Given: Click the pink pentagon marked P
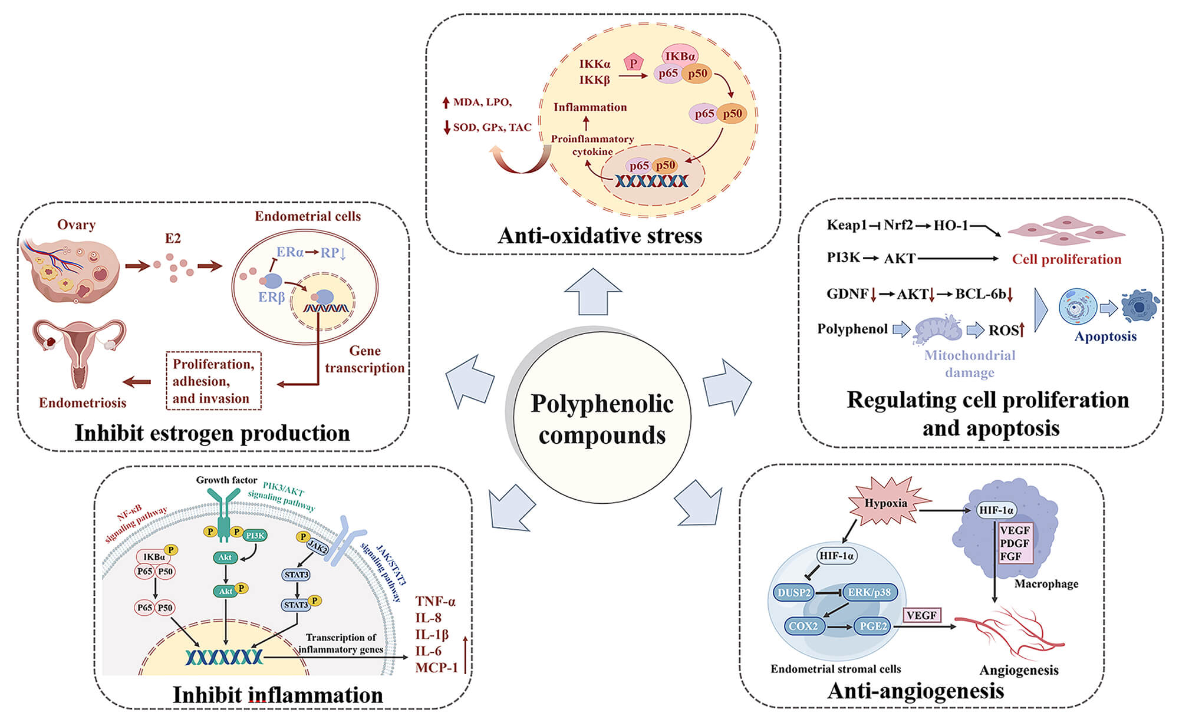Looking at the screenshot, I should coord(633,63).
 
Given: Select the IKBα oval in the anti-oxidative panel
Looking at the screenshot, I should coord(680,56).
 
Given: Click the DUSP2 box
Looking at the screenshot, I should coord(795,592).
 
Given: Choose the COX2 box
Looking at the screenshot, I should coord(803,626).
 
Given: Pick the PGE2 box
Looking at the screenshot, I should coord(873,626).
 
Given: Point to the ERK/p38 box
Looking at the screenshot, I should coord(870,592).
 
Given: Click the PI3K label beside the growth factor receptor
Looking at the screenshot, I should coord(255,535).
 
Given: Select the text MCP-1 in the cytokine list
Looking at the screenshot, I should coord(436,668).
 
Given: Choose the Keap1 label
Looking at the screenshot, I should coord(847,225).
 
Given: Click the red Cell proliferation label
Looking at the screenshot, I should coord(1066,259).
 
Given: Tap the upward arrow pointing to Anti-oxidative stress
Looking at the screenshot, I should coord(592,291).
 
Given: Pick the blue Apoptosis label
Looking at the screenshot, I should coord(1105,336).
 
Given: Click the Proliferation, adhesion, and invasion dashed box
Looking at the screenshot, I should coord(213,381).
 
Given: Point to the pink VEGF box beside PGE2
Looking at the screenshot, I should coord(921,615).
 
